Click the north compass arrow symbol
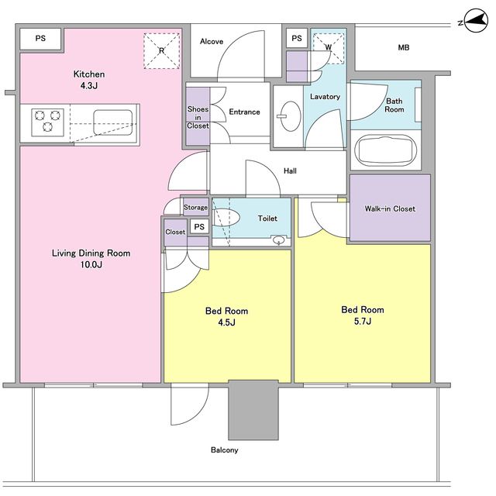(x=476, y=21)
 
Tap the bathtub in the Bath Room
(x=386, y=150)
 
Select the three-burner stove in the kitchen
(x=47, y=122)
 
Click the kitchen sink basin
(x=113, y=122)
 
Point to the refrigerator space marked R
(x=162, y=51)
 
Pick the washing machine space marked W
(x=329, y=48)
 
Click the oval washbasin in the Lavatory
(x=291, y=116)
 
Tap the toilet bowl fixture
(x=226, y=217)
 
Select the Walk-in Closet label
(x=390, y=208)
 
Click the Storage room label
(x=195, y=208)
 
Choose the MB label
(x=403, y=48)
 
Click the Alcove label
(x=212, y=41)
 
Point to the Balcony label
(x=224, y=449)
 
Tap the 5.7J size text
(x=363, y=322)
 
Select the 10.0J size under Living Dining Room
(x=91, y=264)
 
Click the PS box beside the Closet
(x=199, y=227)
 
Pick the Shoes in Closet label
(x=198, y=117)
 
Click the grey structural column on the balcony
(x=253, y=410)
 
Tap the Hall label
(x=290, y=171)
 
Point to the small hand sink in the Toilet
(x=279, y=240)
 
